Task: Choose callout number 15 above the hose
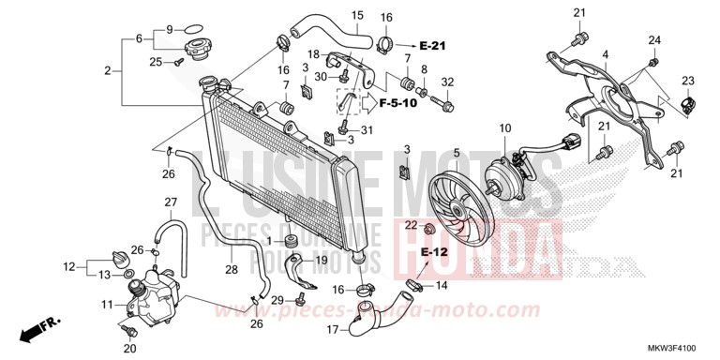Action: (356, 15)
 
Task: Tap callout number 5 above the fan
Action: (457, 153)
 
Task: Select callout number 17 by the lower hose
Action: (333, 330)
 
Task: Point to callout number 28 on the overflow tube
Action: (232, 270)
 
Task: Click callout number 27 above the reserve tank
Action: (171, 202)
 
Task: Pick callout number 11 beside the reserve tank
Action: (107, 305)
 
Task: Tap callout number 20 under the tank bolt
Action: (128, 348)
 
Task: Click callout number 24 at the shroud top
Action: (653, 39)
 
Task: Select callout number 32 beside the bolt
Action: (447, 82)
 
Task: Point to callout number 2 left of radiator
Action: (108, 71)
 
